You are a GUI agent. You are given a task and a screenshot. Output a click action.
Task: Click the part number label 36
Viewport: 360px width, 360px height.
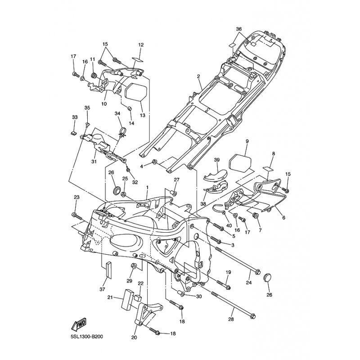[x=239, y=29]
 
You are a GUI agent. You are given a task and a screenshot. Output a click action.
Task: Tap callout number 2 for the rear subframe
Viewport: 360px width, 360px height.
[x=198, y=76]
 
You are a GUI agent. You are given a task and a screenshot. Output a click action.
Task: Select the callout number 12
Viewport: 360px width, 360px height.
[x=140, y=45]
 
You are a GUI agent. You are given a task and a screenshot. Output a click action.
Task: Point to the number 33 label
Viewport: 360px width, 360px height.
[x=75, y=117]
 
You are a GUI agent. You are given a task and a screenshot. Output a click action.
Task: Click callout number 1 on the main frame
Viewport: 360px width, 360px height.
[x=147, y=186]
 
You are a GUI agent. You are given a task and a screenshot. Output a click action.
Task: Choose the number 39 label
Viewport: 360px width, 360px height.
[x=216, y=160]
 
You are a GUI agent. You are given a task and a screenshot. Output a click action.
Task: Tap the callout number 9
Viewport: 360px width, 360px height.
[x=247, y=141]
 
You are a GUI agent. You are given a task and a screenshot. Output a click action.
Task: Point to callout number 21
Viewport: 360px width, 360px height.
[x=110, y=297]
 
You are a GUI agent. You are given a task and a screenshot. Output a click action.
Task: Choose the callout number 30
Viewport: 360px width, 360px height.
[x=198, y=297]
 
